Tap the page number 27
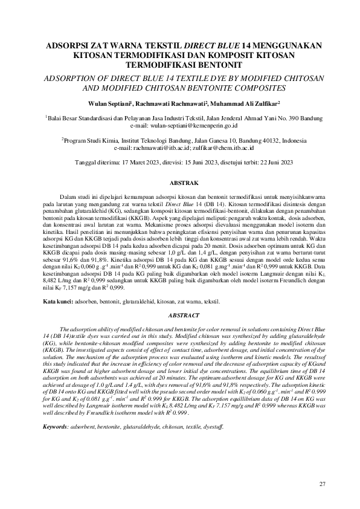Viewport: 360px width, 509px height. pos(322,484)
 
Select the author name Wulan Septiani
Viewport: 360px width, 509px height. pos(109,104)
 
